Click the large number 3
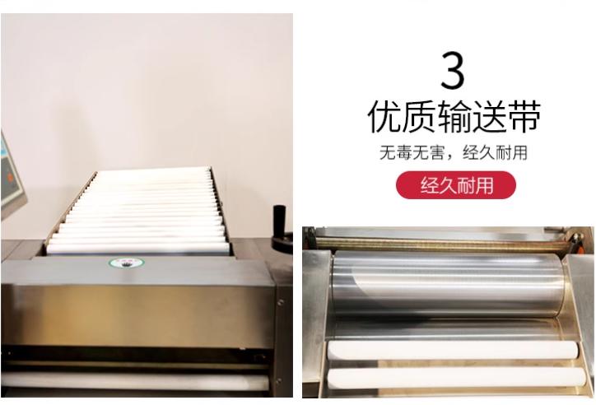tap(453, 71)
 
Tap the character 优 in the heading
tap(384, 116)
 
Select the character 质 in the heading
tap(419, 116)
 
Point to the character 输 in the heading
tap(454, 116)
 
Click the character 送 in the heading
tap(489, 116)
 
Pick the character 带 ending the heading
tap(524, 116)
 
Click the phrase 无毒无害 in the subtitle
tap(412, 153)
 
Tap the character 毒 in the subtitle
tap(403, 153)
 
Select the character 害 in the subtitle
tap(436, 153)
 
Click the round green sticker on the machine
tap(127, 263)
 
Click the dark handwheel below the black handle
tap(282, 242)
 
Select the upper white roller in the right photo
tap(452, 350)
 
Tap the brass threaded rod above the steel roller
tap(441, 243)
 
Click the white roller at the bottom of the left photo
tap(135, 380)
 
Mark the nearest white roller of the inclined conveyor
tap(138, 249)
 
